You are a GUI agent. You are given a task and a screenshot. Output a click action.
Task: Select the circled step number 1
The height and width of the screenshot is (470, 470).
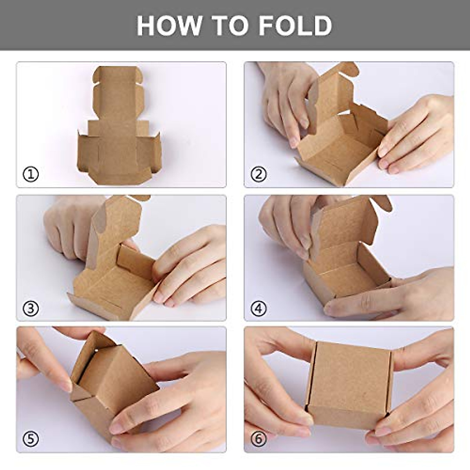pos(31,174)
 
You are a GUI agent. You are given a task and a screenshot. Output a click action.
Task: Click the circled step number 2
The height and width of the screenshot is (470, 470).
pos(258,174)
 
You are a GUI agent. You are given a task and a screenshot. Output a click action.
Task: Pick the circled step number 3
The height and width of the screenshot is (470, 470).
pos(31,308)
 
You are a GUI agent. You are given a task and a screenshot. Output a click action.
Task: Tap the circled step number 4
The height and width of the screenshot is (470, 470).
pos(258,308)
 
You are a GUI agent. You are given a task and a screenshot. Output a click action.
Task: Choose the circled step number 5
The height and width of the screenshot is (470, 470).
pos(31,439)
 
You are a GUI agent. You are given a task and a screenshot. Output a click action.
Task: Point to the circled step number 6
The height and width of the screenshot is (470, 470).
pos(258,439)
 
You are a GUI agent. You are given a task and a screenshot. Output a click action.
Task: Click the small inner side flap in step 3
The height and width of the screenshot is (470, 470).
pos(135,260)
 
